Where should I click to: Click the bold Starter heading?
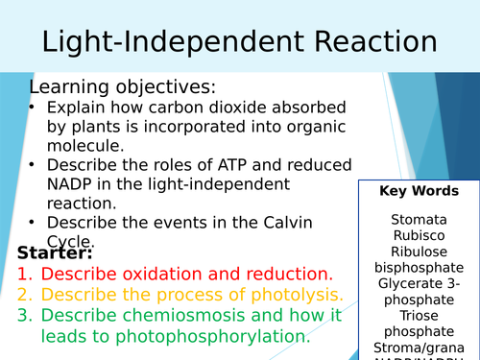coord(55,253)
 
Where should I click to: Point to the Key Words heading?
coord(420,191)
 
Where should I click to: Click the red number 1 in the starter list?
coord(24,275)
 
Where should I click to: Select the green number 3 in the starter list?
coord(24,316)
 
